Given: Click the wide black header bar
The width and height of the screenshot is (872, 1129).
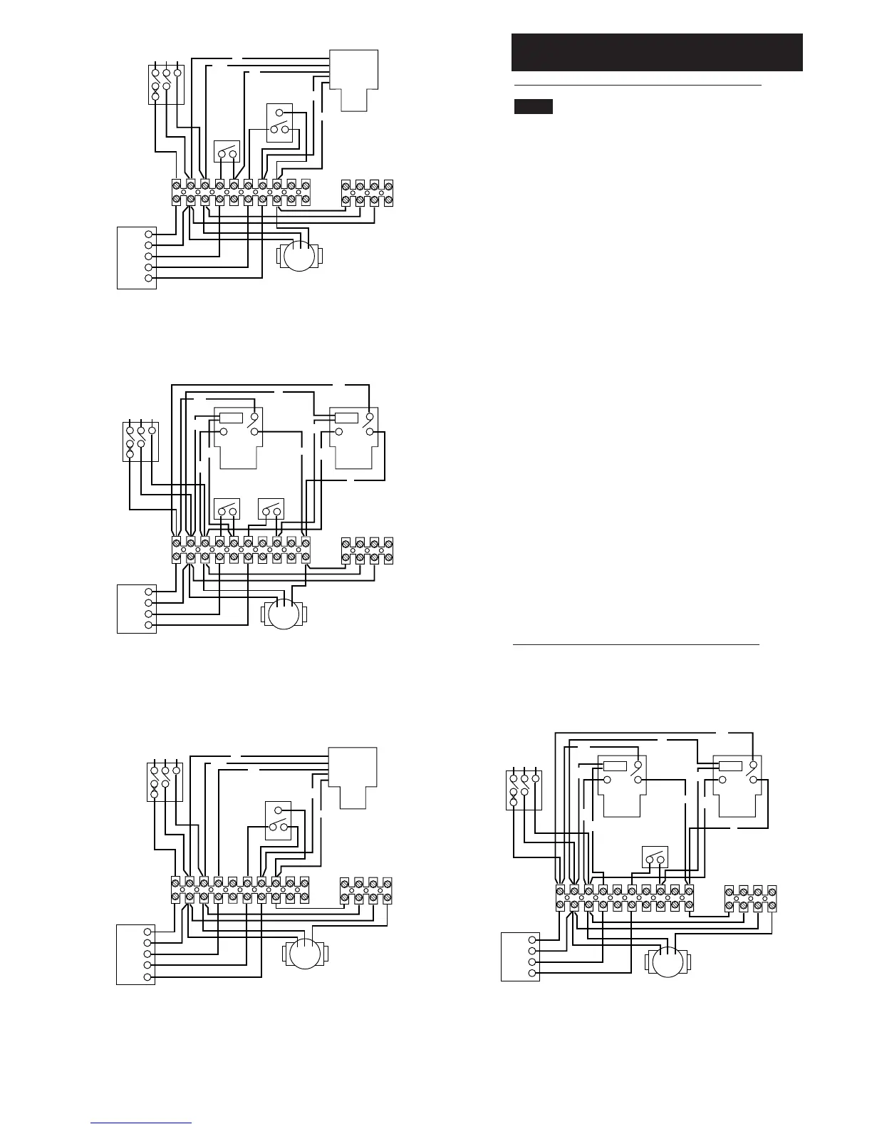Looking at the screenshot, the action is pos(656,52).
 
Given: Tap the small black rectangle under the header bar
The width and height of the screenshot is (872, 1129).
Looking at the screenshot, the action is pos(534,107).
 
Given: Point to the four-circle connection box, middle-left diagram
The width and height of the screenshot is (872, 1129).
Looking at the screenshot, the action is pos(137,609).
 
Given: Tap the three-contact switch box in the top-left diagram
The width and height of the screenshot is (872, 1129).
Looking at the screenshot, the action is pos(279,123).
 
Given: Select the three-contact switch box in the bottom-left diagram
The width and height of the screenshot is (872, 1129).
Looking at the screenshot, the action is pos(278,820).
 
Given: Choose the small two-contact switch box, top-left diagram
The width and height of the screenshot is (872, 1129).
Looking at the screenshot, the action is pos(227,152).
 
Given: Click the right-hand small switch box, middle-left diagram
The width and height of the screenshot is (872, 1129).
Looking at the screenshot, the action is pos(271,509).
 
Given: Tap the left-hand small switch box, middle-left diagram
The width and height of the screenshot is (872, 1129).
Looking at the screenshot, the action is pos(227,509).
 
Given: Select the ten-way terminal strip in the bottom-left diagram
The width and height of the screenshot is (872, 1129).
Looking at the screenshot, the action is pos(241,890).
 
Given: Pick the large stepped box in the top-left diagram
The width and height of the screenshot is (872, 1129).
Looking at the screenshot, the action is pos(353,80).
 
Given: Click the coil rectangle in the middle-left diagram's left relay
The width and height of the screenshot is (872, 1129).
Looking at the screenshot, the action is pos(231,418).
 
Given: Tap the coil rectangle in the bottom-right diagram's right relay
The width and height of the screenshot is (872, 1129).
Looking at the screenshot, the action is pos(730,766).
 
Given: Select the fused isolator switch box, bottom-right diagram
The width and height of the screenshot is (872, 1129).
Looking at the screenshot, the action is pos(523,790).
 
